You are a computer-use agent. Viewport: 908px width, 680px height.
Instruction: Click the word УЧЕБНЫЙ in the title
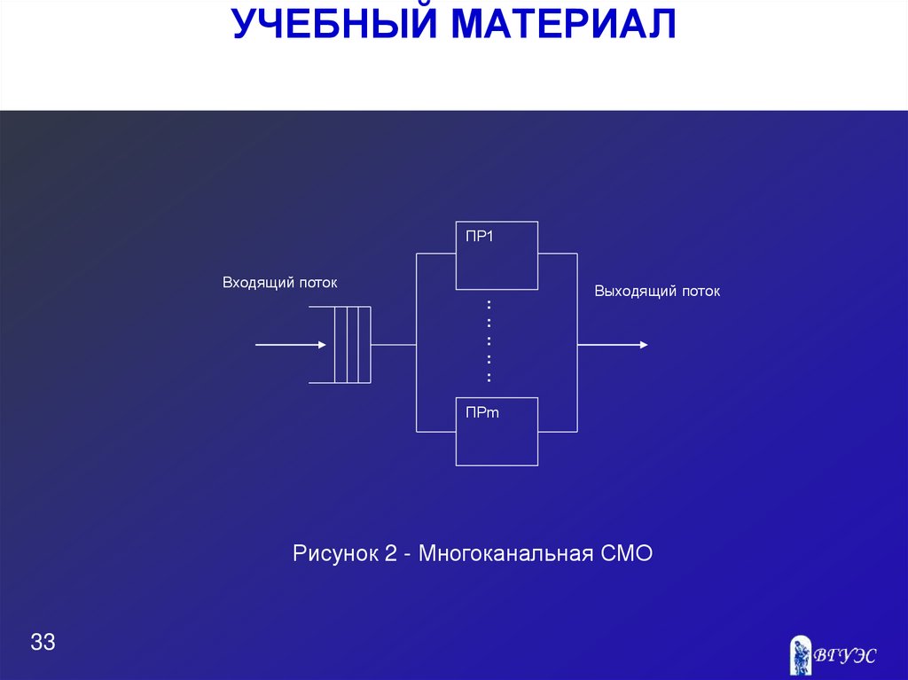coord(335,24)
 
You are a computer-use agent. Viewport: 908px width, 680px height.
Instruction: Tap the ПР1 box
coord(497,255)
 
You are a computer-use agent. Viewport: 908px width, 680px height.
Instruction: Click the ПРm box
coord(497,432)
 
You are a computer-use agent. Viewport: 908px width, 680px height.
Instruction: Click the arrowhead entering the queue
coord(322,344)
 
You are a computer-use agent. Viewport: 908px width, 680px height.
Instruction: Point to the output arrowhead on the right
coord(642,344)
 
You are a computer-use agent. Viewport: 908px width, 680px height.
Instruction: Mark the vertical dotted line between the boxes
coord(489,341)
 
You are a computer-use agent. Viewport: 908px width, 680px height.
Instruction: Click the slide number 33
coord(43,643)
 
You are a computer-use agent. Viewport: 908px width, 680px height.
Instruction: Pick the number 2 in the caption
coord(391,555)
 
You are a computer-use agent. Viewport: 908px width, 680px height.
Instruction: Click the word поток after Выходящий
coord(701,291)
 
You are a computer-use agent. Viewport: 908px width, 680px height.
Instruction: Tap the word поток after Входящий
coord(318,283)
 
